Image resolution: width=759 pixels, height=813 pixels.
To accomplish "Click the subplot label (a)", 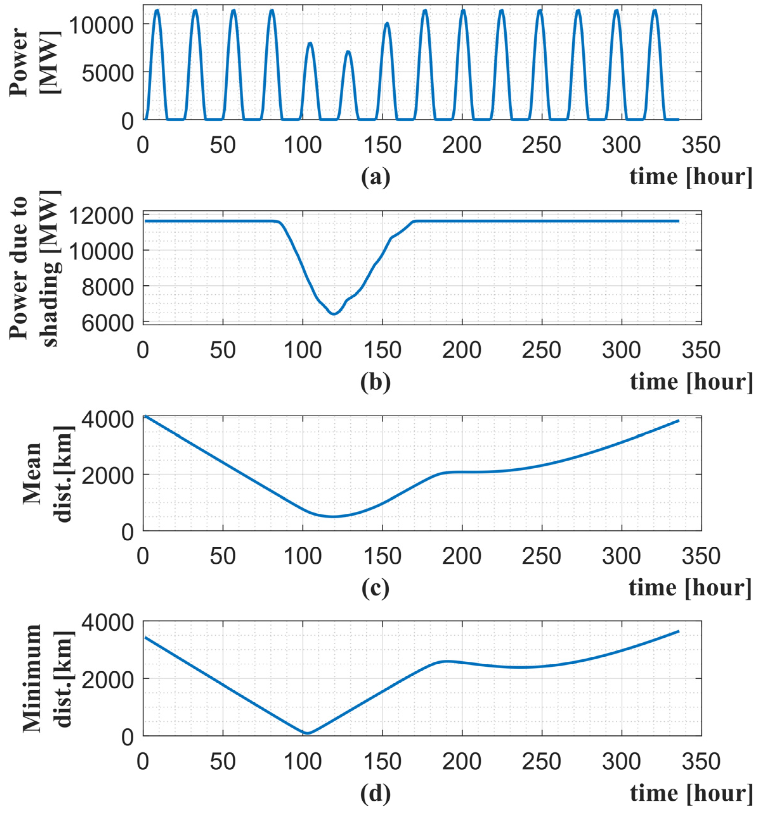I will pos(375,177).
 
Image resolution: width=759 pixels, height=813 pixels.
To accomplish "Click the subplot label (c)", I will pos(375,588).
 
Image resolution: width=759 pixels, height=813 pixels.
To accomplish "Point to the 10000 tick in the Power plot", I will pos(100,24).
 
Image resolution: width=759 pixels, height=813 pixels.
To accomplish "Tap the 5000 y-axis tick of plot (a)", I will pos(107,72).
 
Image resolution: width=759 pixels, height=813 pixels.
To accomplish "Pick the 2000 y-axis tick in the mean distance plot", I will pos(107,474).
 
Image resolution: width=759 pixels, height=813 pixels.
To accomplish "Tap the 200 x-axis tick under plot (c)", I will pos(462,556).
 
